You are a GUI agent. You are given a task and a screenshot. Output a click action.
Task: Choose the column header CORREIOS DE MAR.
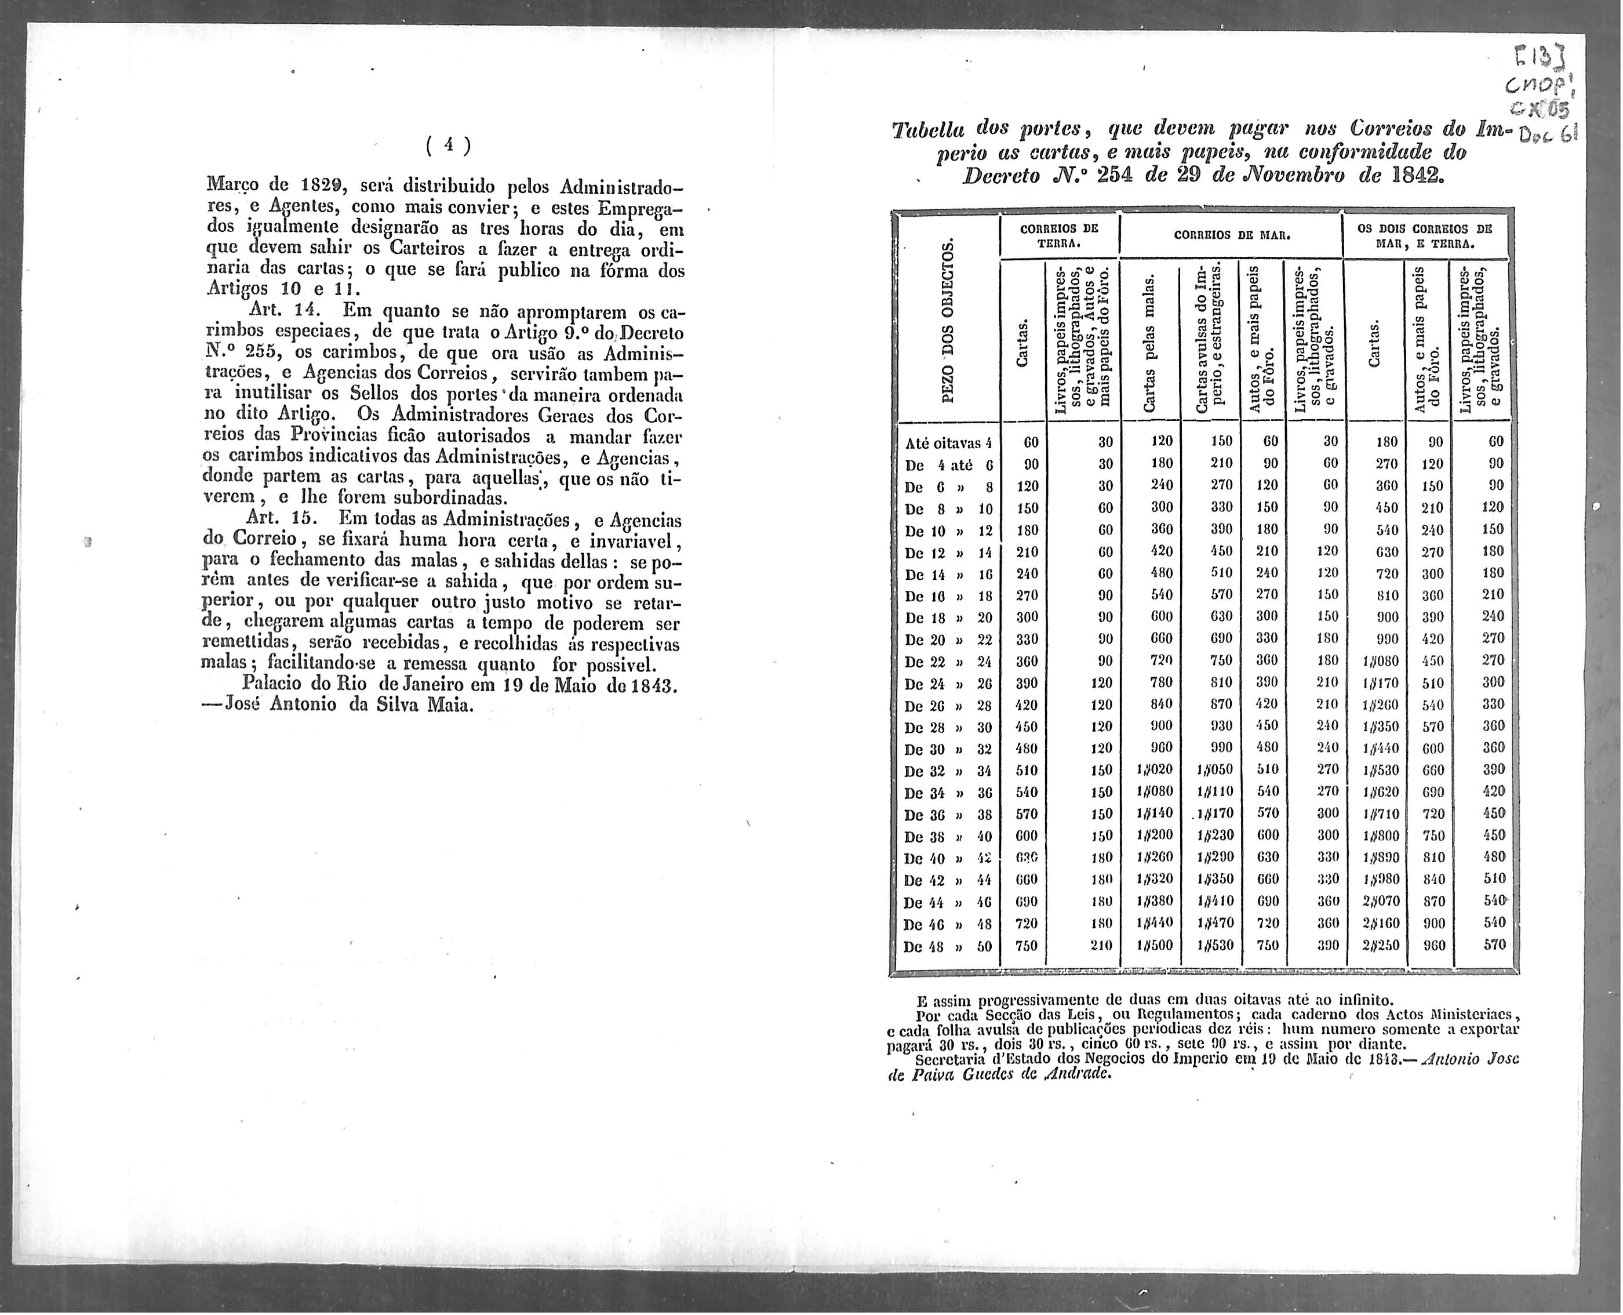(x=1231, y=235)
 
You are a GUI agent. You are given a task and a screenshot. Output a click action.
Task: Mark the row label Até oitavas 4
(x=948, y=443)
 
